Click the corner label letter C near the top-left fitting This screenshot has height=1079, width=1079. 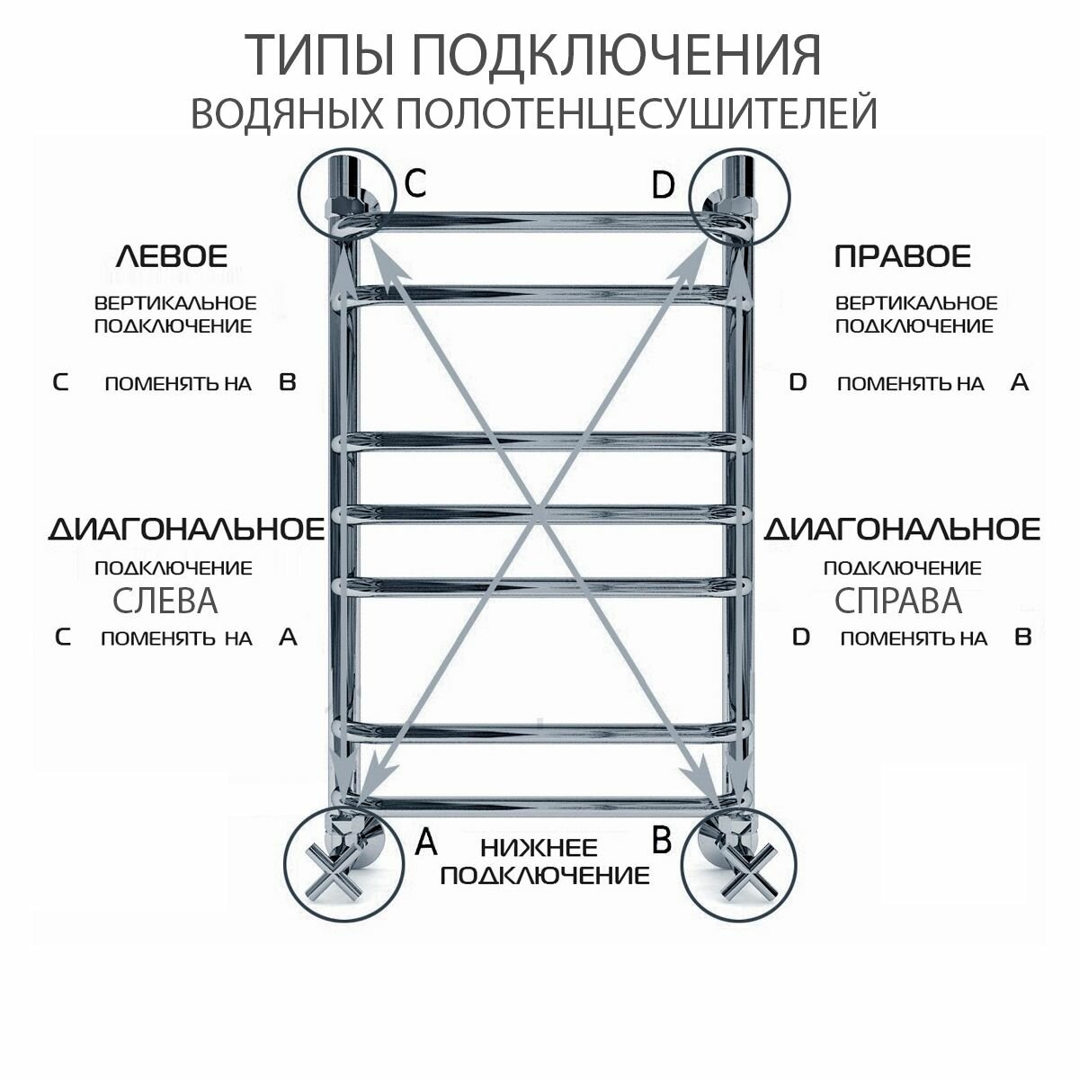click(x=415, y=183)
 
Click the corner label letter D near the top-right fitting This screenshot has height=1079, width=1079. click(x=662, y=186)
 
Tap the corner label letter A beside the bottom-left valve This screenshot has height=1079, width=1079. click(x=425, y=843)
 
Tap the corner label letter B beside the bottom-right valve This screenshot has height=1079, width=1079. click(x=661, y=841)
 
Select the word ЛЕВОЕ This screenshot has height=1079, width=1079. click(x=173, y=256)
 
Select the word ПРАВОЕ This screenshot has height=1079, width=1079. click(x=903, y=256)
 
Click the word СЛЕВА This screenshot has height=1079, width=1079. click(x=165, y=601)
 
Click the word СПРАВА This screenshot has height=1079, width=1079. click(x=898, y=601)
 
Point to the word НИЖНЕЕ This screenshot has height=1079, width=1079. click(x=539, y=847)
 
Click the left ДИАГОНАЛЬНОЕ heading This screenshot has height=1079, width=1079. click(x=186, y=529)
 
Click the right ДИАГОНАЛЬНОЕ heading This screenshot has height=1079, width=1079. click(x=902, y=529)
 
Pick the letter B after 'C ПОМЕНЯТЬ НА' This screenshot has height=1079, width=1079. click(x=287, y=382)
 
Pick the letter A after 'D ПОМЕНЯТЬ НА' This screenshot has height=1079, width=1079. click(x=1019, y=382)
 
